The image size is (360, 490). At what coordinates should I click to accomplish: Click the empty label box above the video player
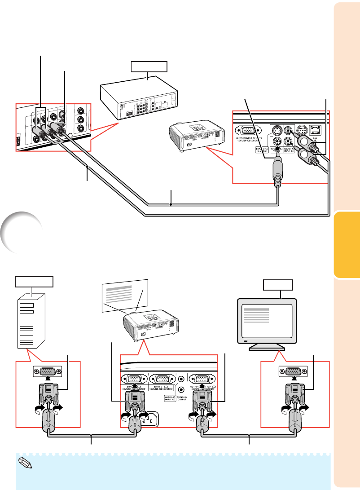(149, 67)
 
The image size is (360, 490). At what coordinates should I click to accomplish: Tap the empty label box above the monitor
(278, 285)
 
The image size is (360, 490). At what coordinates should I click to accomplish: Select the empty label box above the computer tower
(34, 282)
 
